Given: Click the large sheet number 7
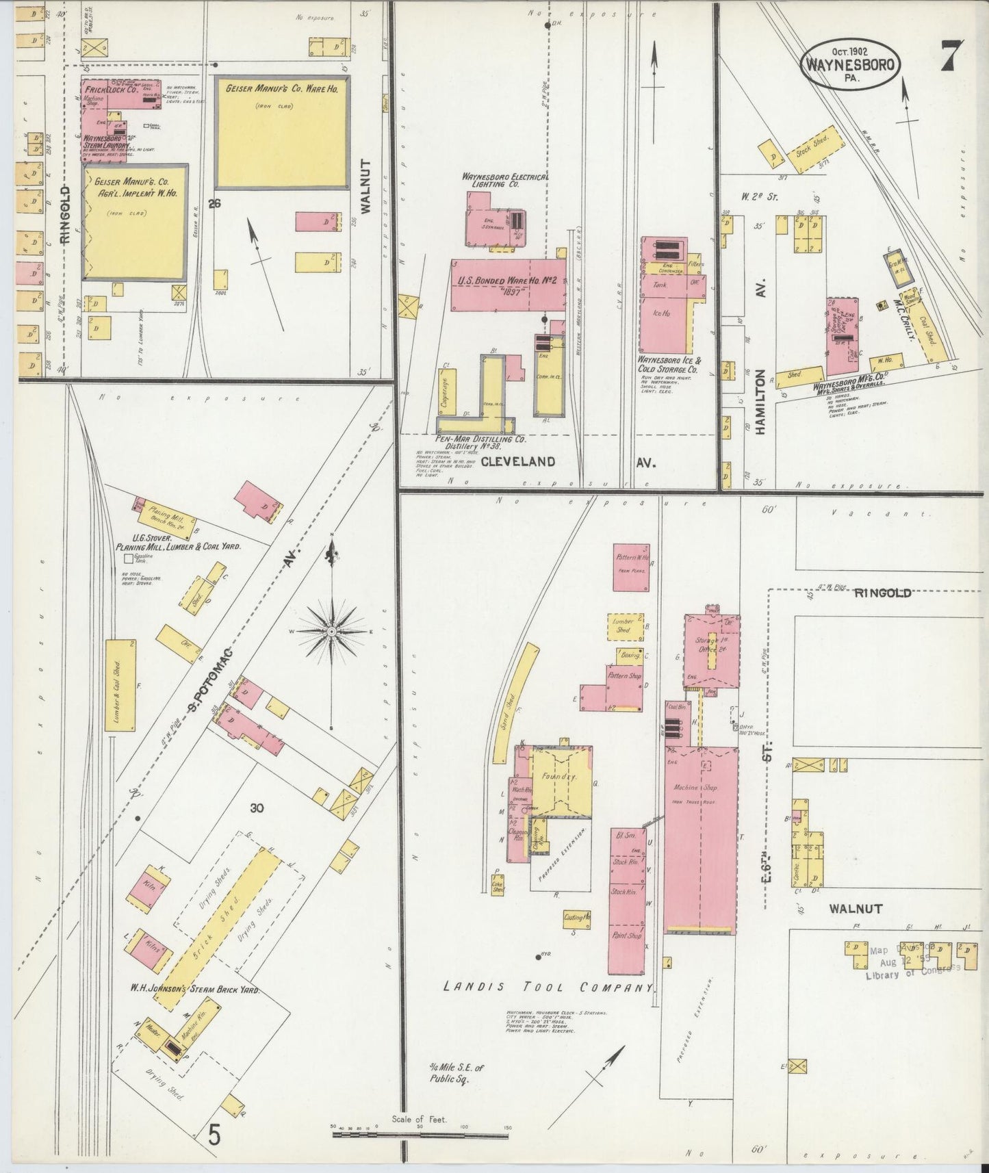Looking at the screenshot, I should (951, 57).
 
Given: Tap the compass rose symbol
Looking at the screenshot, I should (332, 630).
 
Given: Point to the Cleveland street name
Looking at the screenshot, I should (517, 462).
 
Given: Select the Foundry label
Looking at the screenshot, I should (560, 777).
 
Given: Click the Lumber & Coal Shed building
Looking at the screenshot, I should (120, 684).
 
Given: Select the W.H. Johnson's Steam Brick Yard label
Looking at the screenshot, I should (196, 989).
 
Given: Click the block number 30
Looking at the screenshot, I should (257, 808).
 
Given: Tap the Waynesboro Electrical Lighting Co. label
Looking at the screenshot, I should (505, 180).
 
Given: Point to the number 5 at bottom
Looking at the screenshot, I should (215, 1137).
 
